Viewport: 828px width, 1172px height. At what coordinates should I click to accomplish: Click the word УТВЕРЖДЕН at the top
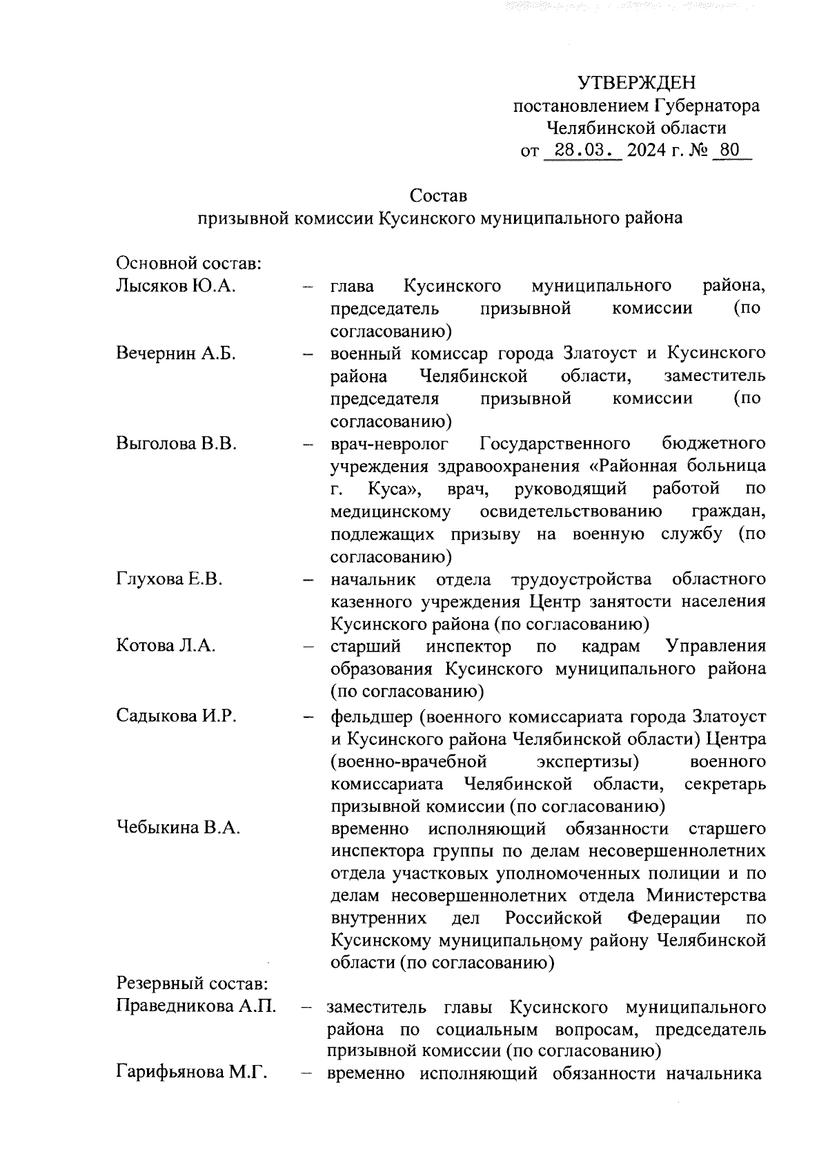(x=636, y=84)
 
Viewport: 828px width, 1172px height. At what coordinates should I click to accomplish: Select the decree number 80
(x=729, y=150)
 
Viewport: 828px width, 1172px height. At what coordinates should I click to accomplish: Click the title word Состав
(x=438, y=195)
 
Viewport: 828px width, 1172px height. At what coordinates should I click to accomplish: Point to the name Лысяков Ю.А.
(x=177, y=286)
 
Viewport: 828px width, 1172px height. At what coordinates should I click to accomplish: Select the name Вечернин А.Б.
(x=177, y=353)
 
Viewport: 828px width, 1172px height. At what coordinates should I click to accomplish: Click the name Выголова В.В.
(x=177, y=443)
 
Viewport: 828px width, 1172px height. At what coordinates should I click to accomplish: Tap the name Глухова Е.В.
(x=170, y=578)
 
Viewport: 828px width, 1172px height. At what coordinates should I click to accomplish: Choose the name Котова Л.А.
(x=166, y=646)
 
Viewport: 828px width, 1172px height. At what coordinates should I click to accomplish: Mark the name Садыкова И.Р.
(x=177, y=715)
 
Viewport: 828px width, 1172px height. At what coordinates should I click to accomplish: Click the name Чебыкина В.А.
(x=178, y=828)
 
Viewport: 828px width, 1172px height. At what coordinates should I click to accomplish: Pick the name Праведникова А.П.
(x=197, y=1006)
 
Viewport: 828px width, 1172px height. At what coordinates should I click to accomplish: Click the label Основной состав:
(x=188, y=264)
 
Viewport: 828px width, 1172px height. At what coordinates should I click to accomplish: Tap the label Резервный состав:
(x=191, y=983)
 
